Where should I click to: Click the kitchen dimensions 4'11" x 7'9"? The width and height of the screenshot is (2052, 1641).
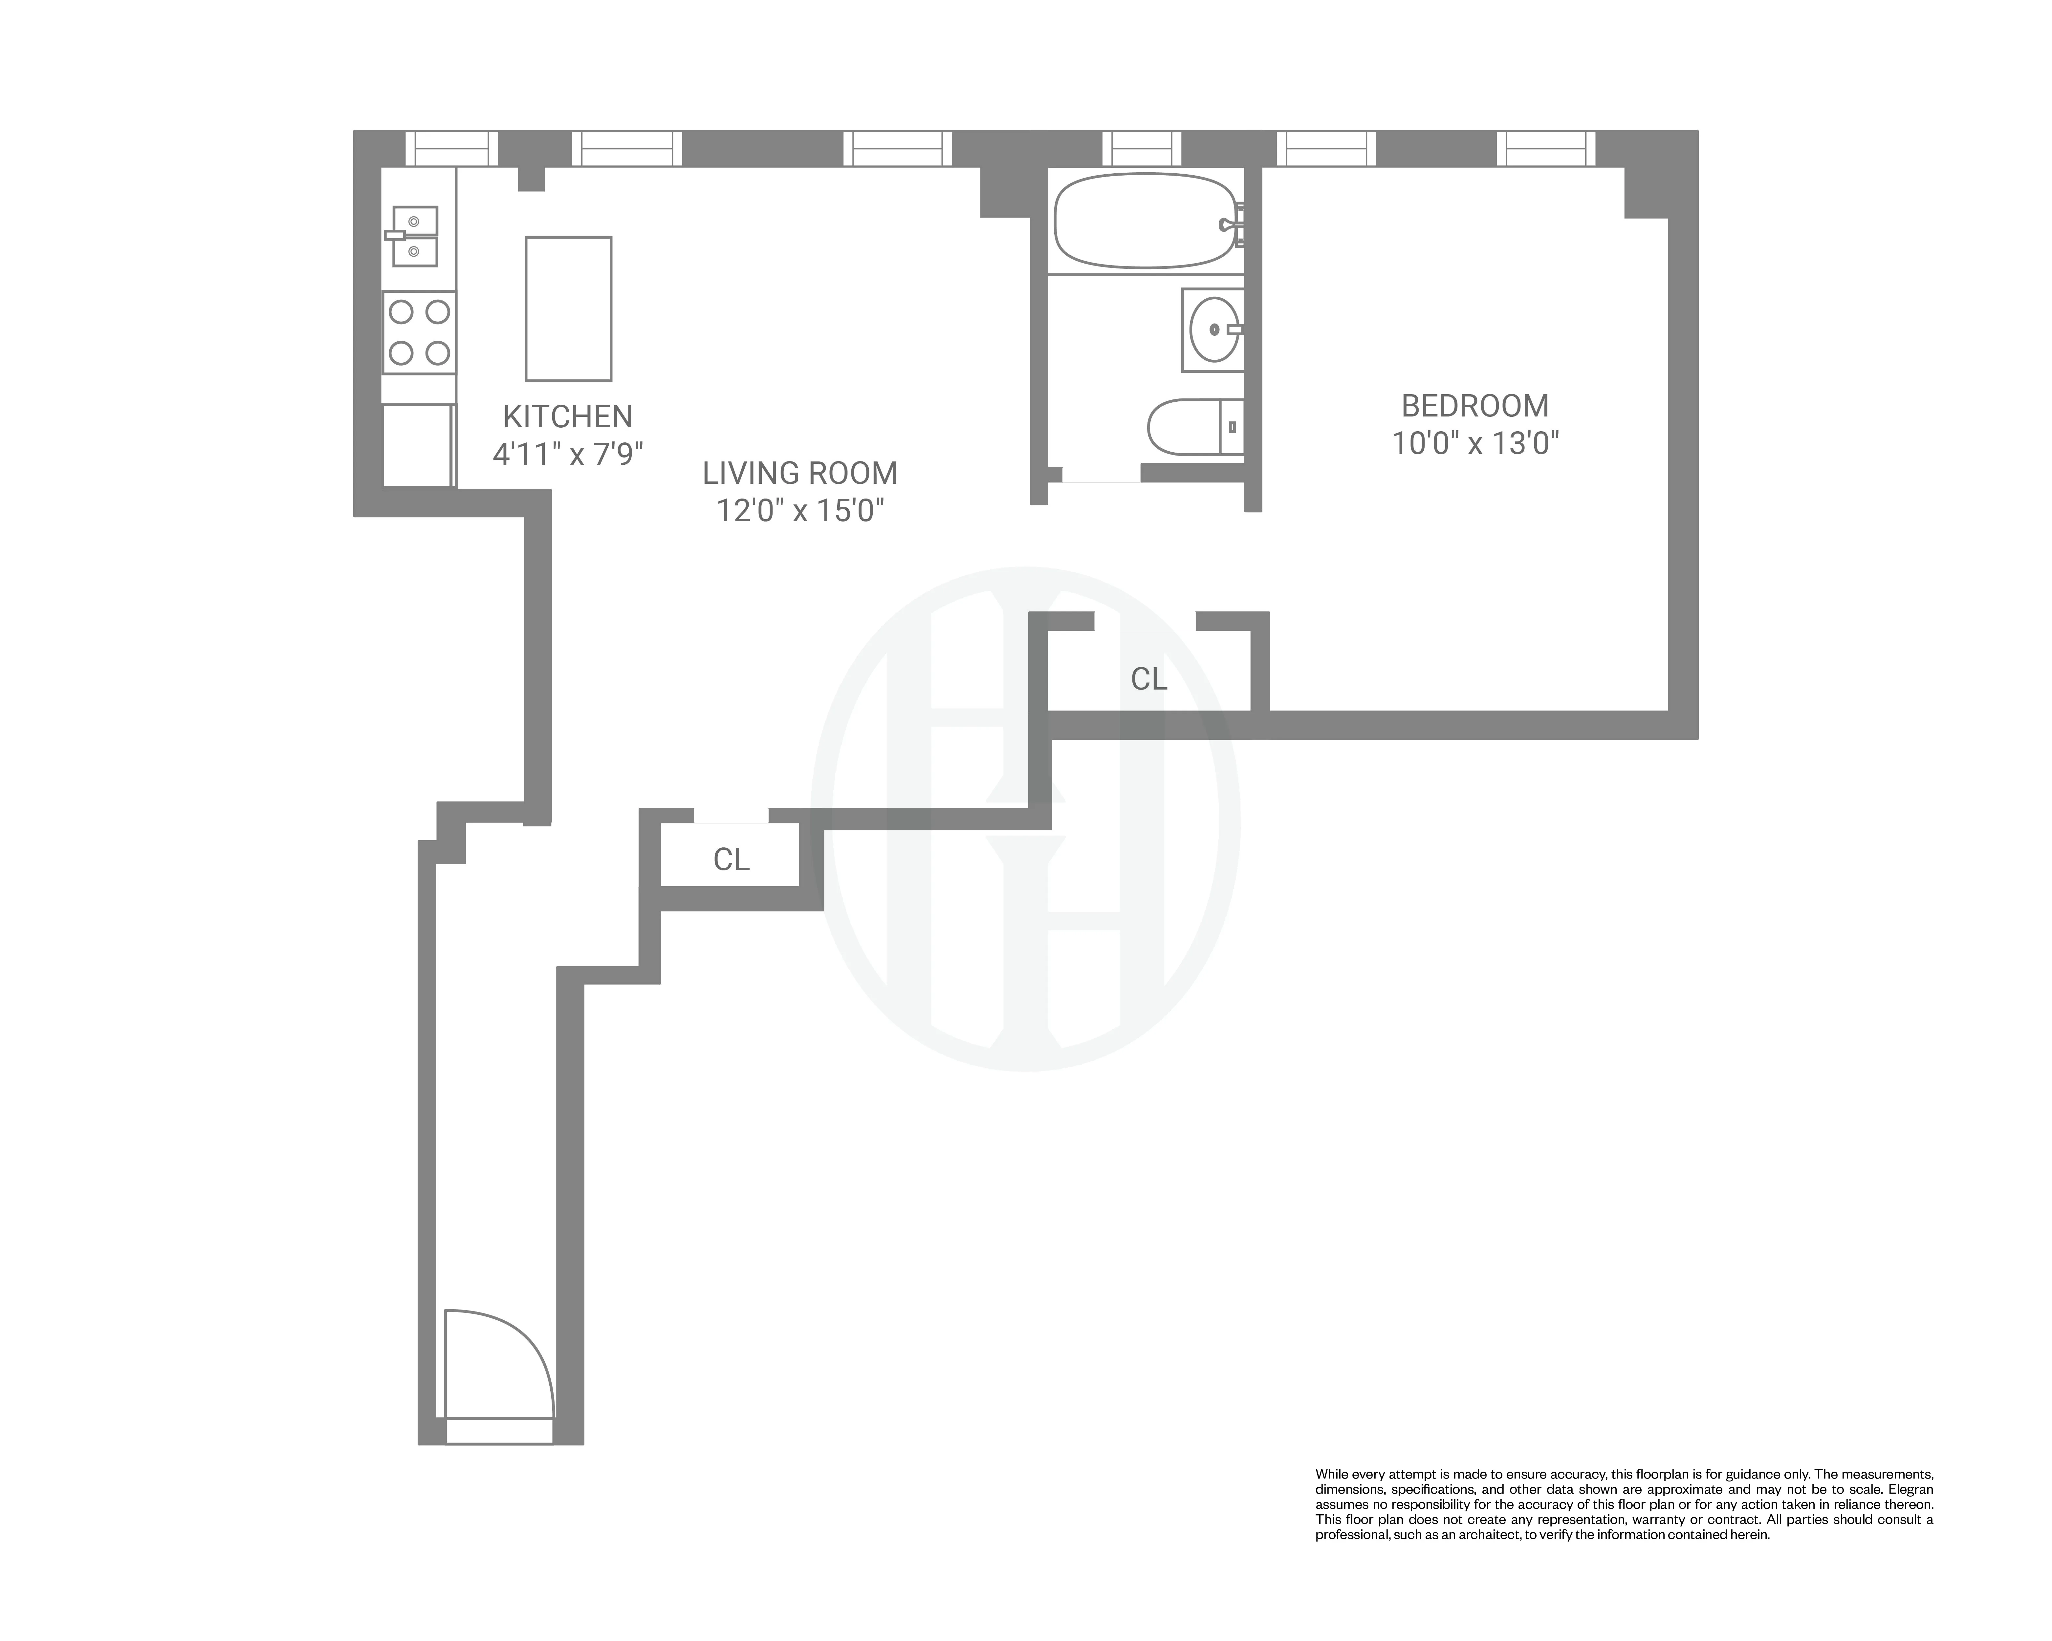568,455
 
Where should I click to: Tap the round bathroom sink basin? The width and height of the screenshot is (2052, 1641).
1213,329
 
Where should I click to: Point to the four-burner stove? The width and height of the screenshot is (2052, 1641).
419,332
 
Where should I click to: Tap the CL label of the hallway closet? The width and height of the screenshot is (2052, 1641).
731,860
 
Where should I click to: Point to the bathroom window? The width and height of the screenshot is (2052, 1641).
1141,148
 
